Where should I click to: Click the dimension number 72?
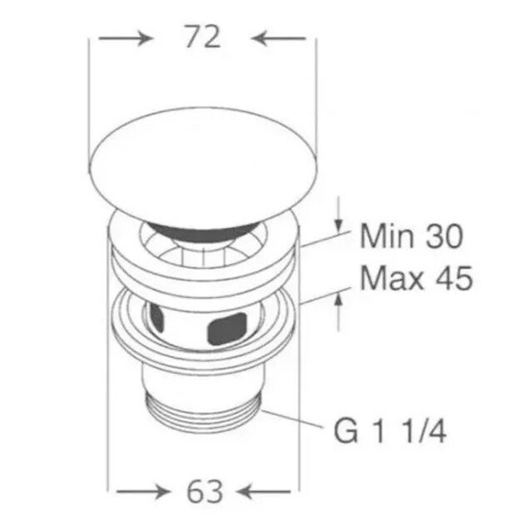tap(203, 37)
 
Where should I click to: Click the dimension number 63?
tap(205, 491)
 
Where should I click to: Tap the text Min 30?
tap(411, 235)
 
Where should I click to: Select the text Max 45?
tap(416, 278)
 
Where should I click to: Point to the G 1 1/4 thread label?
tap(390, 431)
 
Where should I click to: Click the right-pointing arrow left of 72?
tap(126, 38)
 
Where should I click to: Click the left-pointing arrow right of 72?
tap(278, 38)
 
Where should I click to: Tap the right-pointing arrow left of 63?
tap(143, 492)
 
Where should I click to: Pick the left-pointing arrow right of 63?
tap(264, 492)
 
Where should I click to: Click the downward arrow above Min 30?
tap(339, 214)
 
